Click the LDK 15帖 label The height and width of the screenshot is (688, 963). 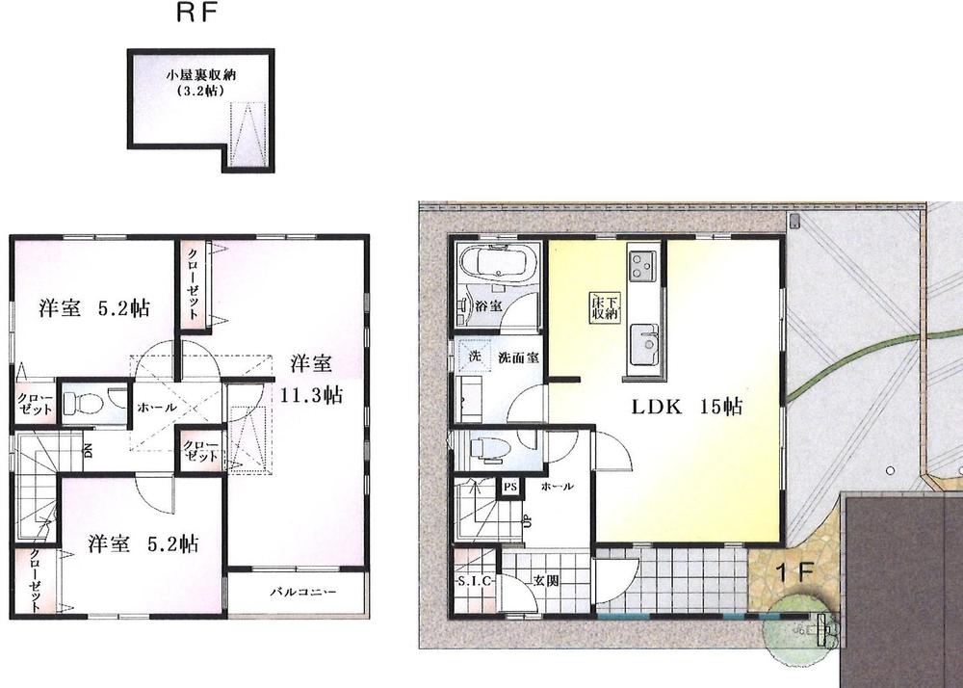coord(687,408)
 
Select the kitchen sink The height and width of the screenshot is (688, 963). coord(643,342)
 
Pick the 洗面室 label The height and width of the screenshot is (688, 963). coord(517,357)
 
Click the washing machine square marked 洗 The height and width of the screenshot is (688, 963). coord(474,355)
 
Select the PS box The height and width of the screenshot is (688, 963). coord(509,487)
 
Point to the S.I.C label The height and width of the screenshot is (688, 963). coord(473,580)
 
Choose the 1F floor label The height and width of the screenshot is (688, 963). coord(795,569)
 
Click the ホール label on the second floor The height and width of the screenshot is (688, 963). coord(156,408)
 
